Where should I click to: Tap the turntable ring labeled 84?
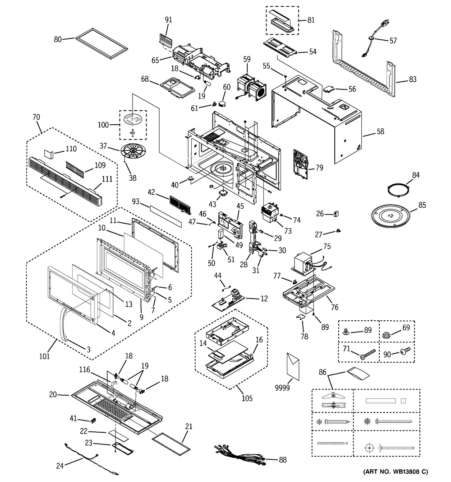396,188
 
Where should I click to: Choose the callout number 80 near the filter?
58,39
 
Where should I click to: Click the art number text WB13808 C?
396,472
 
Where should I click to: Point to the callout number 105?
247,398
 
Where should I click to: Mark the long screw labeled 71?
368,354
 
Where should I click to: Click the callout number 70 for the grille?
36,117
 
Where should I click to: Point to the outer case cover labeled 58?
316,117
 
